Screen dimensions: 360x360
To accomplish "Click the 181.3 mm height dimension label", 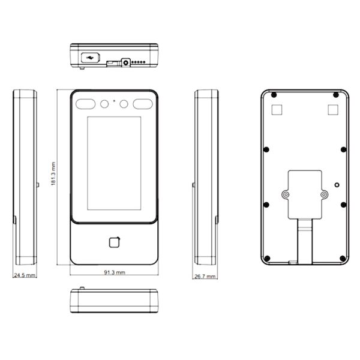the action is point(53,173).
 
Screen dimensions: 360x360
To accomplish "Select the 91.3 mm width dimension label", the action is point(115,272).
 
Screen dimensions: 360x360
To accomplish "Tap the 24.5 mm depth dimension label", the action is point(25,275).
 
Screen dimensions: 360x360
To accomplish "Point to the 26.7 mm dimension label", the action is point(205,276).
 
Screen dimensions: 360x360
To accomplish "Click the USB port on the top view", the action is point(91,58).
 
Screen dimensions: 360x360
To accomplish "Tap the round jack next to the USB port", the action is point(125,62).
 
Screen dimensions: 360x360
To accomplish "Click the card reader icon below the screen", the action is point(115,242).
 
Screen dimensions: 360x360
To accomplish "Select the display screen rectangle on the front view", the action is point(114,163).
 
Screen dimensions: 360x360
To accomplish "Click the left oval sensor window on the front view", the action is point(85,104).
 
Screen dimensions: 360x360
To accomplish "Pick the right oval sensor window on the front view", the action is point(143,104).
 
